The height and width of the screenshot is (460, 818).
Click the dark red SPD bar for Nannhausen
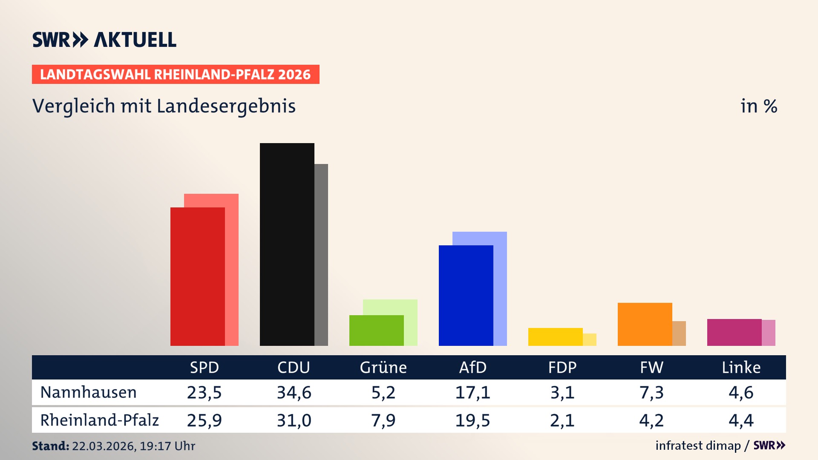tap(197, 277)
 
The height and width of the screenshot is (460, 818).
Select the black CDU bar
tap(287, 244)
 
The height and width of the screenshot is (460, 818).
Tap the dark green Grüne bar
tap(376, 331)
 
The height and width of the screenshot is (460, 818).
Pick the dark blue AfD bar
tap(466, 296)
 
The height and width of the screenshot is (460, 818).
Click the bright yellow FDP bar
tap(555, 337)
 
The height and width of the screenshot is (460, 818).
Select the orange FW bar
tap(645, 324)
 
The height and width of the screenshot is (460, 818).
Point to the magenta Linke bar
tap(734, 332)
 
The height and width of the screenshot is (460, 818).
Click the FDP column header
tap(562, 368)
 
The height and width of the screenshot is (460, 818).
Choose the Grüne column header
tap(383, 368)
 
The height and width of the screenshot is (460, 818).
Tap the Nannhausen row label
tap(88, 392)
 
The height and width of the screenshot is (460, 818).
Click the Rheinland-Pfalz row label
tap(99, 420)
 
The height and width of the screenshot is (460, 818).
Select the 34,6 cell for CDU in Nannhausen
tap(294, 392)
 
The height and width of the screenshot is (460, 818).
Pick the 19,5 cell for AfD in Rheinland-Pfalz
tap(472, 420)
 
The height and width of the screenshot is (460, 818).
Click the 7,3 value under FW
tap(651, 392)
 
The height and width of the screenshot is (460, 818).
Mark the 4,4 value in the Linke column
tap(741, 420)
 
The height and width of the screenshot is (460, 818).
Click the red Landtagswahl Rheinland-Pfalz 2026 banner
tap(176, 75)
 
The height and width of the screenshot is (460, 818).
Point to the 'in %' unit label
tap(758, 106)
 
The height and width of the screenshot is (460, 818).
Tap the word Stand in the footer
tap(50, 446)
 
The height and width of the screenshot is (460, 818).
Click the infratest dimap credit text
tap(698, 446)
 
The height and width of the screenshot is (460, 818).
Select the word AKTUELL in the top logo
tap(135, 40)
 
